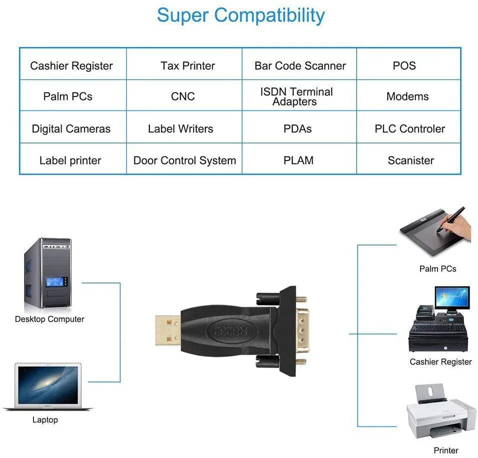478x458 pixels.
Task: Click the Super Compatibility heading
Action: coord(240,15)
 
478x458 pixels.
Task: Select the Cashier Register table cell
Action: coord(71,66)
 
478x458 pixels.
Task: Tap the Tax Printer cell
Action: coord(188,66)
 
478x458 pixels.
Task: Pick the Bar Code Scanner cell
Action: coord(300,66)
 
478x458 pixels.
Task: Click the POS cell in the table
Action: coord(404,66)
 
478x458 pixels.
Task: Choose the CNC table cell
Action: coord(183,96)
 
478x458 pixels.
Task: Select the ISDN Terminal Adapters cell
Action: coord(296,96)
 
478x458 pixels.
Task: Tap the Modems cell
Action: coord(408,96)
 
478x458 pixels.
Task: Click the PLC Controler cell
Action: coord(410,128)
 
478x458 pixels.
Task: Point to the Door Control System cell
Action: coord(184,160)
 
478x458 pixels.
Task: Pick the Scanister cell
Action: coord(411,160)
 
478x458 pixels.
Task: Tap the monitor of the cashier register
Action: coord(451,299)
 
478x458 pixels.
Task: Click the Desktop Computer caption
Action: coord(49,319)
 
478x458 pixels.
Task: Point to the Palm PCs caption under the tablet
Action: coord(438,268)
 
